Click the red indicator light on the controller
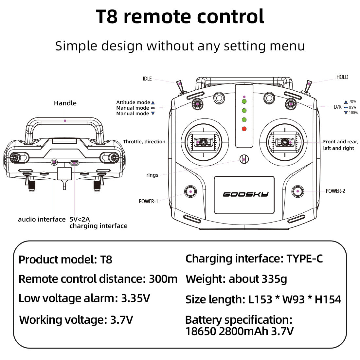pyautogui.click(x=244, y=129)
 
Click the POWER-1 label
pyautogui.click(x=148, y=201)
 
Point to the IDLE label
pyautogui.click(x=147, y=79)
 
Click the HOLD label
pyautogui.click(x=342, y=77)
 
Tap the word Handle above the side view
pyautogui.click(x=65, y=103)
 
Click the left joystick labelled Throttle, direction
pyautogui.click(x=203, y=142)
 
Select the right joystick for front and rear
pyautogui.click(x=285, y=142)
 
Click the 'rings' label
pyautogui.click(x=152, y=175)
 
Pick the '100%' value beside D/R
pyautogui.click(x=353, y=113)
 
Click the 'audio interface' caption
pyautogui.click(x=42, y=219)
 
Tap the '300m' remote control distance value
pyautogui.click(x=163, y=279)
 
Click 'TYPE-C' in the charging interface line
pyautogui.click(x=305, y=259)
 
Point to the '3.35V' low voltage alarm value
pyautogui.click(x=135, y=298)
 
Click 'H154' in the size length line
pyautogui.click(x=328, y=299)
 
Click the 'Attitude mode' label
pyautogui.click(x=133, y=102)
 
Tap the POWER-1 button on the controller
pyautogui.click(x=190, y=191)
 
